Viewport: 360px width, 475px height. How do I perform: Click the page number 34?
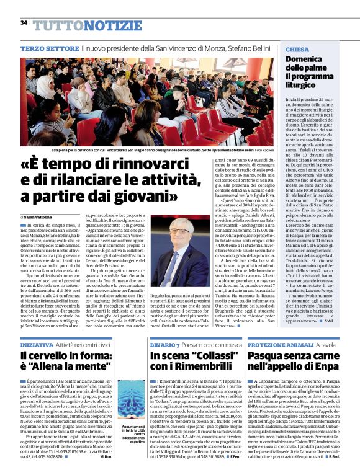tap(23, 22)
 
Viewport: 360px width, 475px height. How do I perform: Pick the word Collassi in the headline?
tap(211, 356)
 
